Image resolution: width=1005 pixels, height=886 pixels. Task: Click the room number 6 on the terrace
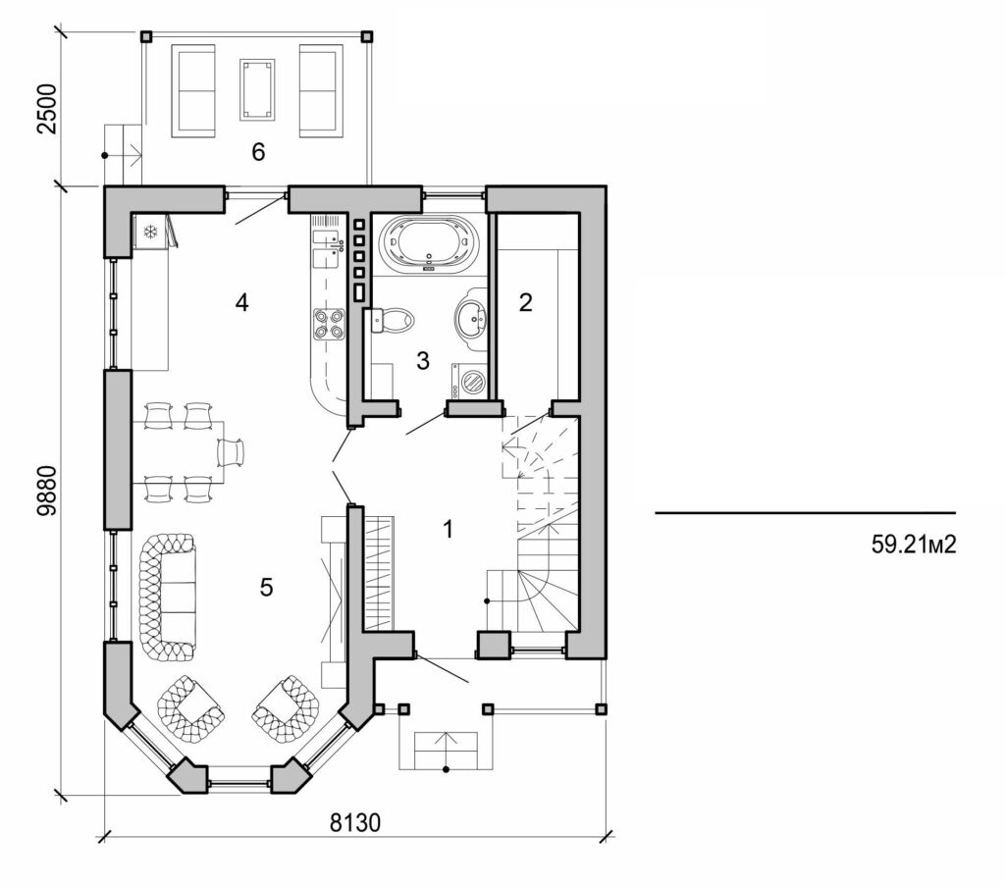coord(258,152)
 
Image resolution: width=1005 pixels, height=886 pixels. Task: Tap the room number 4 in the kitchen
coord(241,302)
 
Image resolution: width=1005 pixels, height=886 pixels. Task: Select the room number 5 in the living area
coord(266,587)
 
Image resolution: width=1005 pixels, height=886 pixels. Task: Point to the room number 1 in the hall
coord(448,530)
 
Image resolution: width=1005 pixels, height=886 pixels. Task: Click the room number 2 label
coord(525,302)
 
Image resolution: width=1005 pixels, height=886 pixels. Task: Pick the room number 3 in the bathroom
coord(423,361)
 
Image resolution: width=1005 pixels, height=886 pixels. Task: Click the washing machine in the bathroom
coord(469,380)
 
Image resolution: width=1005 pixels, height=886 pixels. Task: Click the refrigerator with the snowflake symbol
coord(150,233)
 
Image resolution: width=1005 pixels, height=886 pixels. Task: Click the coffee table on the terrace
coord(257,89)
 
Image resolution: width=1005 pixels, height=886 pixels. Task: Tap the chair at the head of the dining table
coord(231,452)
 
